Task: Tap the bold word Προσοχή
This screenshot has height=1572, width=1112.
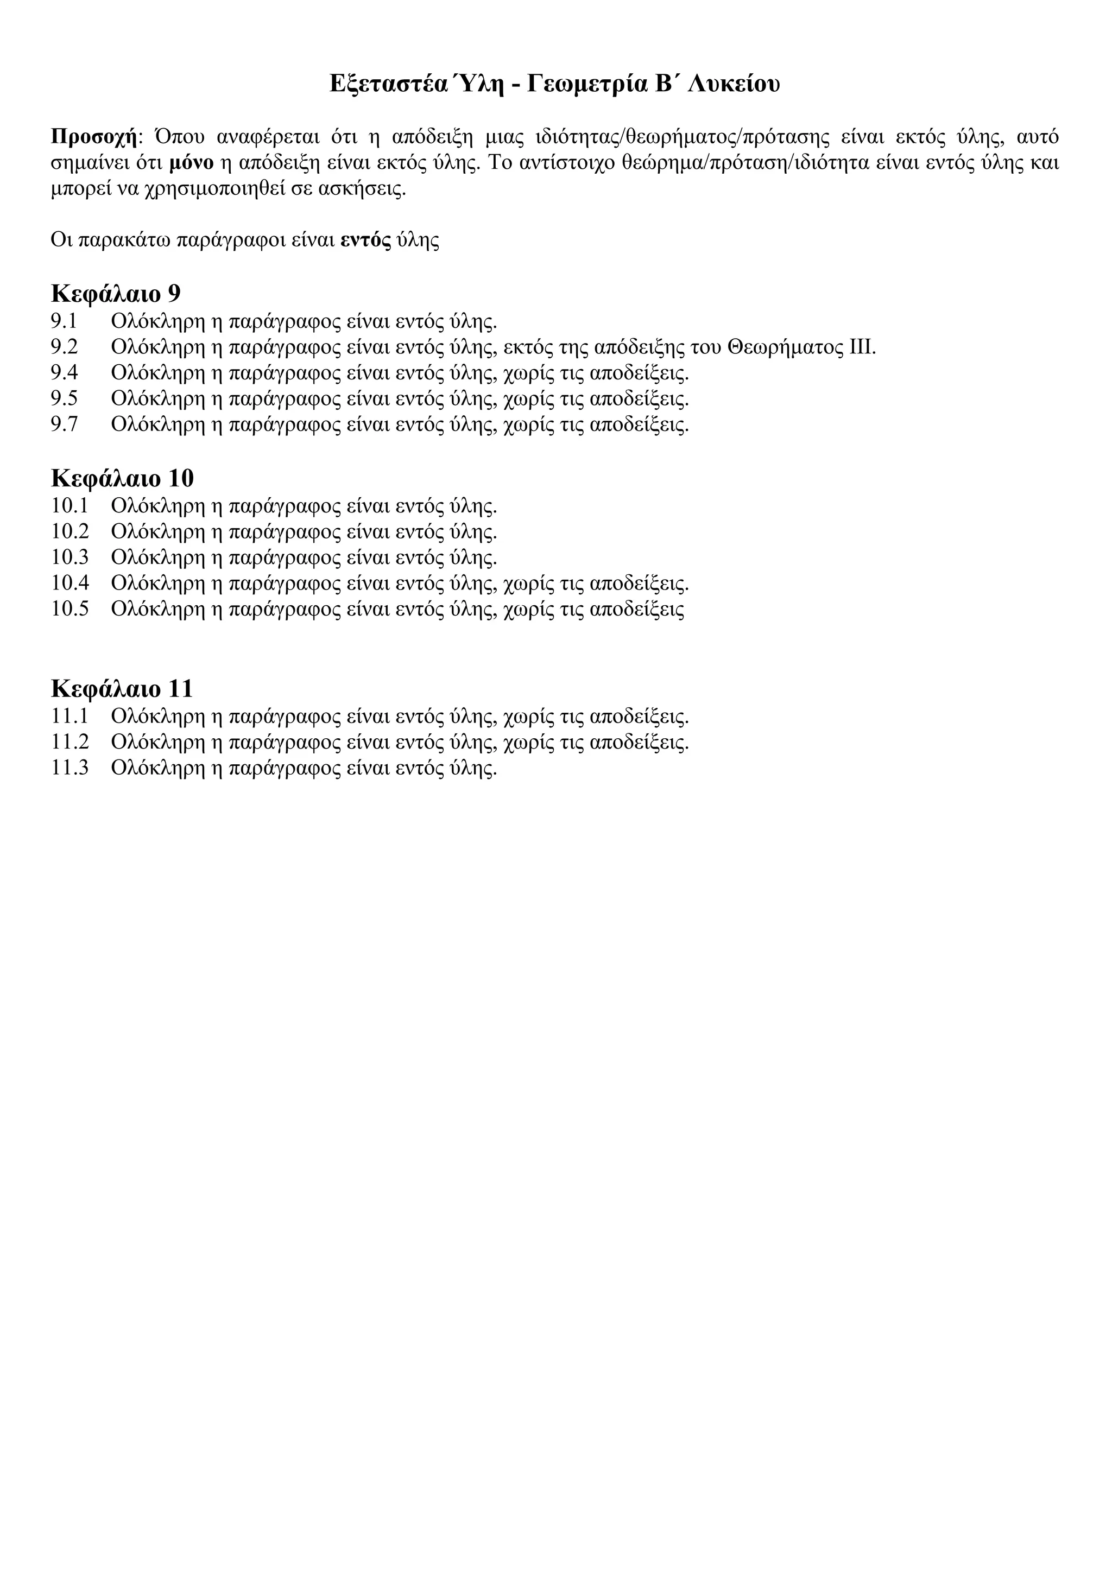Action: point(94,137)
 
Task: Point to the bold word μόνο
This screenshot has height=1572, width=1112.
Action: point(191,163)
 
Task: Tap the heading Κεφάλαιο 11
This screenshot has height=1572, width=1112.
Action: point(122,688)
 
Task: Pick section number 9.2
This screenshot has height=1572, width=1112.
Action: point(65,347)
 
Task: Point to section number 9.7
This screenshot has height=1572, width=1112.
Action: point(65,424)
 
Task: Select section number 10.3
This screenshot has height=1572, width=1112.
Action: point(70,557)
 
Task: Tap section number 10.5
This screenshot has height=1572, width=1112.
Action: point(70,608)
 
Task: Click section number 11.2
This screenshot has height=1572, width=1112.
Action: point(70,742)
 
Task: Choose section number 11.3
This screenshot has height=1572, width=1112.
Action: point(70,768)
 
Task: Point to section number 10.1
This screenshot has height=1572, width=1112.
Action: point(70,506)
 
